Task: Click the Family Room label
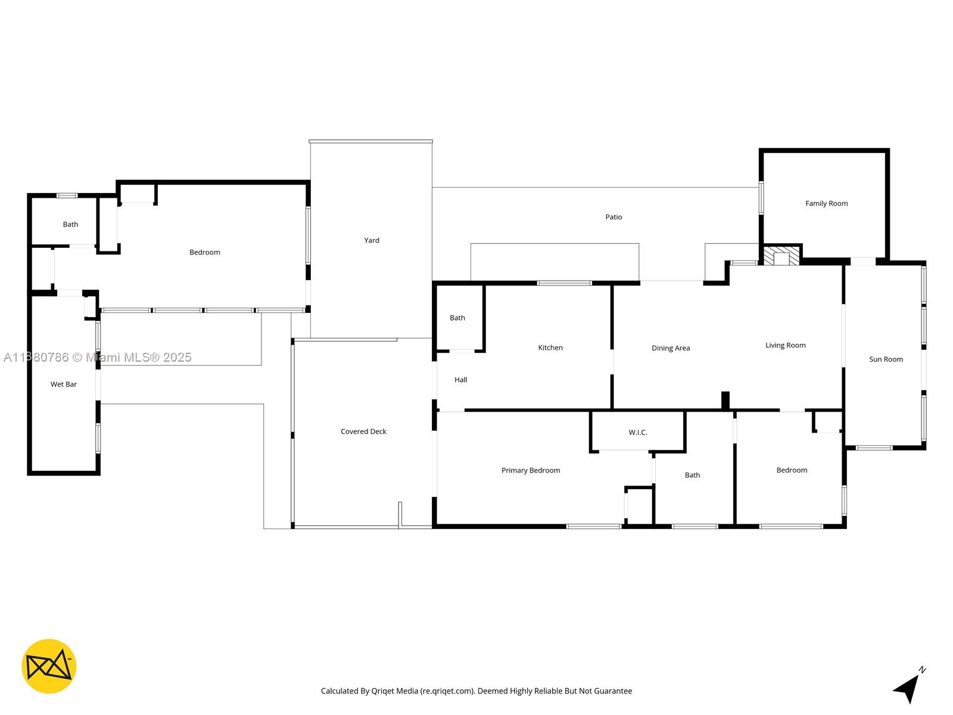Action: (x=826, y=204)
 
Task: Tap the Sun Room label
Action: (x=886, y=359)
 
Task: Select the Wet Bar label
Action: (x=64, y=384)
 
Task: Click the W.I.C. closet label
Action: (x=637, y=433)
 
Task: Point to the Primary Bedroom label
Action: (x=530, y=471)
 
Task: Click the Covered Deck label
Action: (x=363, y=432)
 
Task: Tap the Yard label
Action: (x=372, y=241)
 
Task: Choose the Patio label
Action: (x=613, y=217)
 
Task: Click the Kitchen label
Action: (x=550, y=348)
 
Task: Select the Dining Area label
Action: (x=671, y=349)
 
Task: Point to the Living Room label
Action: (x=785, y=346)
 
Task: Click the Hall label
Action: (x=460, y=380)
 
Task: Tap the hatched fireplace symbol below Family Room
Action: (x=781, y=257)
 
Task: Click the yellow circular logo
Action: (x=49, y=666)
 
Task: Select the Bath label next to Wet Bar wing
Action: (x=70, y=225)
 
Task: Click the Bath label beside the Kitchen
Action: (x=457, y=318)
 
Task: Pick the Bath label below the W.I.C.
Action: (x=692, y=475)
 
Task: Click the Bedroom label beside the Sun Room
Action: (x=792, y=471)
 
